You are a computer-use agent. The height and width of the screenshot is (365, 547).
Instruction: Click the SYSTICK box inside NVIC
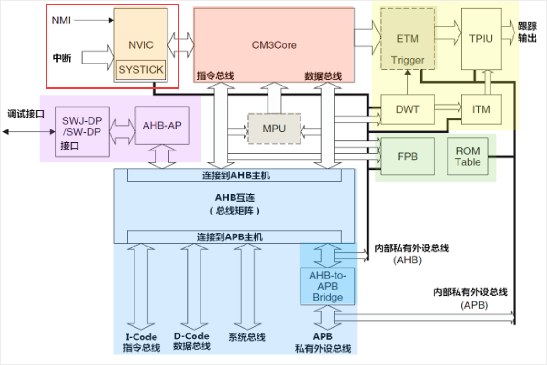point(141,70)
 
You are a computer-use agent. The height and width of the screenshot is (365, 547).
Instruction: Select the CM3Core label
point(274,45)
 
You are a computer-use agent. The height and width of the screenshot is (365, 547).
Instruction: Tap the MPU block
point(274,129)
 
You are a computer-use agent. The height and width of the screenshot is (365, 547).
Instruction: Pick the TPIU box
point(481,38)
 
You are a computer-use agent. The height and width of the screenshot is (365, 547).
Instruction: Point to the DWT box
point(407,109)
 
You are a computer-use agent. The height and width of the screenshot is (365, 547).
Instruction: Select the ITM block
point(481,109)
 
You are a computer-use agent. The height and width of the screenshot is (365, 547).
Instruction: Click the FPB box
point(407,156)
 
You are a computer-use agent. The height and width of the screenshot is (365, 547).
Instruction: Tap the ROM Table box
point(468,156)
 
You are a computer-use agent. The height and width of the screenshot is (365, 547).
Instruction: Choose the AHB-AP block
point(162,126)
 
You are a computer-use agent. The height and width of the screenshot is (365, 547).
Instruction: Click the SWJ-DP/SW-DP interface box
point(82,131)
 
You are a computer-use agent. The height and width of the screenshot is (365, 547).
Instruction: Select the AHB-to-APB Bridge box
point(328,286)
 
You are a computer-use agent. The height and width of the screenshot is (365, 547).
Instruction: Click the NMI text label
point(61,20)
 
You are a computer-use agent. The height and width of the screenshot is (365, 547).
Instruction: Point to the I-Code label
point(141,337)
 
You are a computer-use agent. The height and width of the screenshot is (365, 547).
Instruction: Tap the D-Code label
point(191,337)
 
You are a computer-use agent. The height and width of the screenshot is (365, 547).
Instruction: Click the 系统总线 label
point(246,337)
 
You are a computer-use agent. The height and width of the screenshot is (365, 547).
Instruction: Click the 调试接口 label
point(26,114)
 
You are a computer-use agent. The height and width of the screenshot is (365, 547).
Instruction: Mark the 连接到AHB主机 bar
point(234,175)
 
